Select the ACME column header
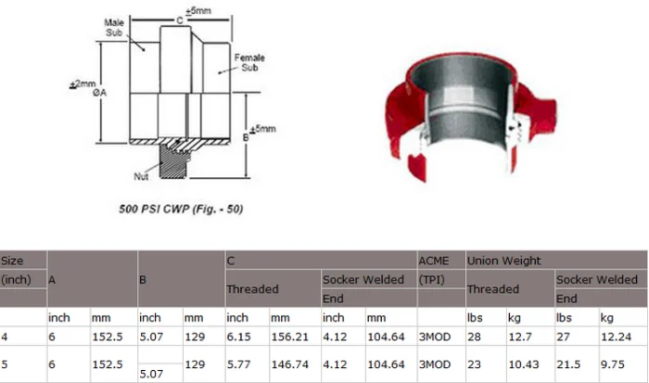435,261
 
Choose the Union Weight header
503,261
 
